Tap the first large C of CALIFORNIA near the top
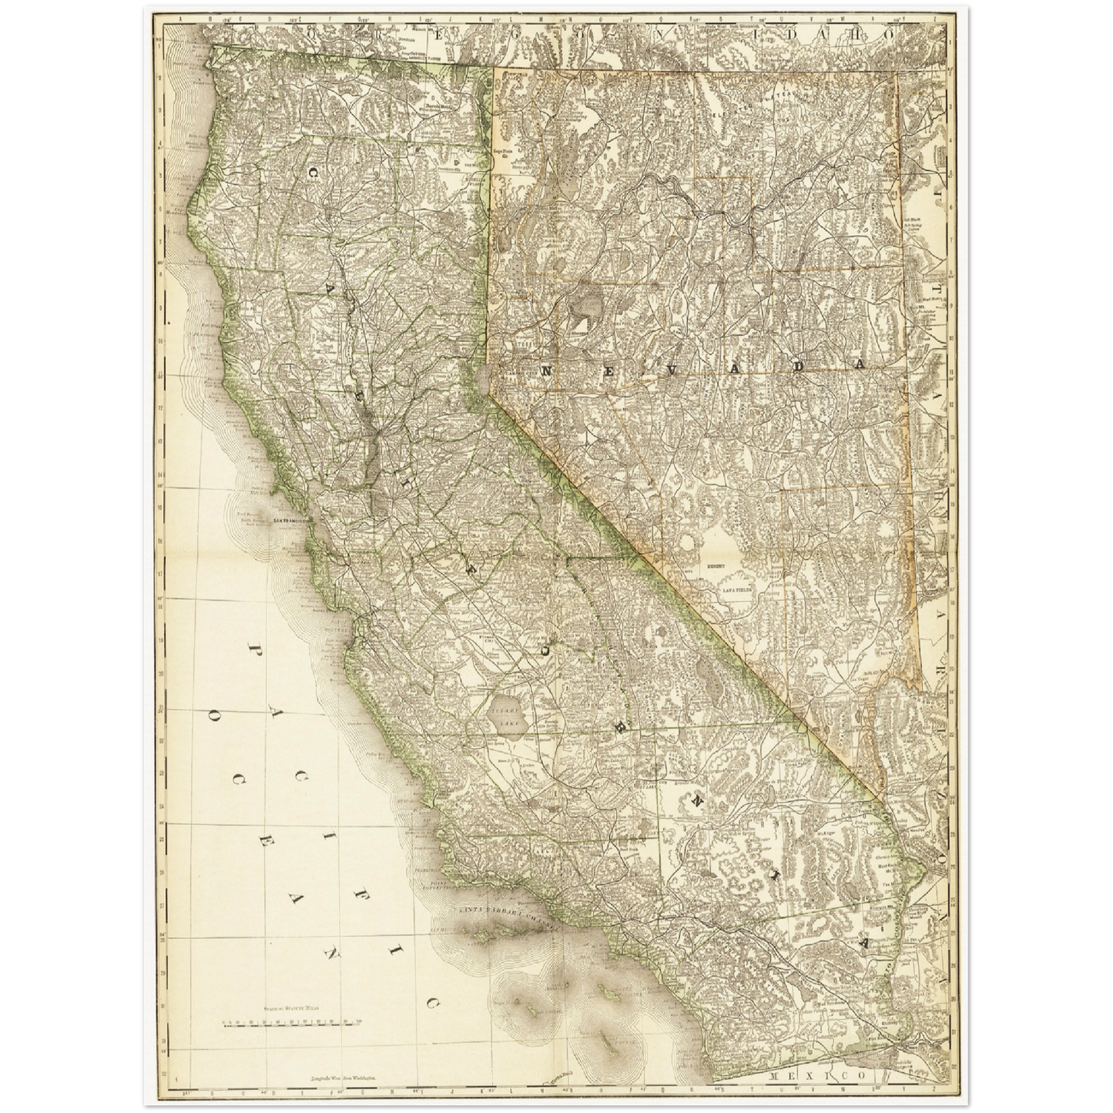coord(315,174)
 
